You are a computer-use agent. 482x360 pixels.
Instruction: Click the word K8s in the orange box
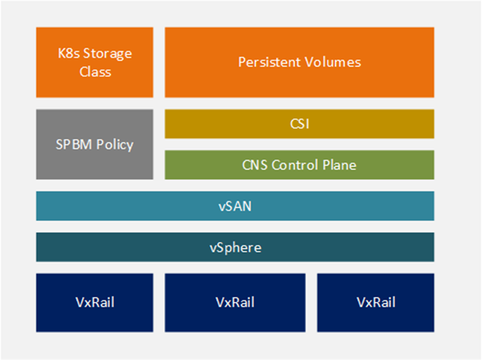[69, 53]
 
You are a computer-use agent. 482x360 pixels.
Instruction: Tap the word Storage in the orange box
[107, 54]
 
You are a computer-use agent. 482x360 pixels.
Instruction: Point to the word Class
[95, 72]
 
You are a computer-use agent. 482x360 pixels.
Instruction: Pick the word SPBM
[73, 144]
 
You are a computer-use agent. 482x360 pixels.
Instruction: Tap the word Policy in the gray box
[114, 145]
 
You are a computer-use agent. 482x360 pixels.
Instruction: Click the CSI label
[299, 124]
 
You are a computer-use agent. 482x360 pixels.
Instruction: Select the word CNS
[255, 165]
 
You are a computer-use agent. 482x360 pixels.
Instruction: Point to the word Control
[295, 165]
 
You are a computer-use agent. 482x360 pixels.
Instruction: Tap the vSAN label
[235, 206]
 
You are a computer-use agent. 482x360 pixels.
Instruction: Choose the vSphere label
[235, 248]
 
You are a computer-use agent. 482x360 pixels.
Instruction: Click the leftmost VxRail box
[95, 302]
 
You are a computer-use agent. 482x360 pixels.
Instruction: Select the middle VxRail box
[235, 302]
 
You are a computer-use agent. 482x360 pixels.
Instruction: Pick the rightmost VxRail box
[376, 302]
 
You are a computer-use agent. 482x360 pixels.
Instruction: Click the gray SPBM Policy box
[95, 144]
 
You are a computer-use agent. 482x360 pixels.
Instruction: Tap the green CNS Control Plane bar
[299, 165]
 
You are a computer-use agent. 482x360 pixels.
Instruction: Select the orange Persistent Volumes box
[299, 62]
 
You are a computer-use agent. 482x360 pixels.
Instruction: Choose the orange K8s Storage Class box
[95, 62]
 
